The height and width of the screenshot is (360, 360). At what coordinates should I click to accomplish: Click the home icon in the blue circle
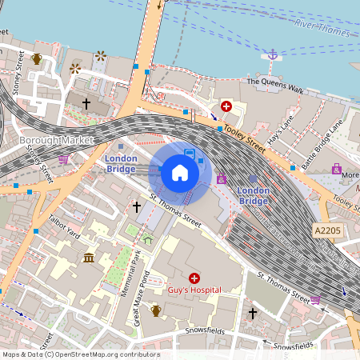(180, 172)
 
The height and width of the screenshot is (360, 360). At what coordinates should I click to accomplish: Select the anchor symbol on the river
(272, 54)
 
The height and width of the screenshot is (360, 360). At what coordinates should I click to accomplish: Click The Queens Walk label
(274, 82)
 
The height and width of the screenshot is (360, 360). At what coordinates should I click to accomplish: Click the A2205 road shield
(327, 230)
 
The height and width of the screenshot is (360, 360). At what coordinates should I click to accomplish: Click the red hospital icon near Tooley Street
(226, 106)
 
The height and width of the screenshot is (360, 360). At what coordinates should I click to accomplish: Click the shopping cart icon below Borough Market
(63, 158)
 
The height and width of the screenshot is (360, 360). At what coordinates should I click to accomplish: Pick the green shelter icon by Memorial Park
(147, 238)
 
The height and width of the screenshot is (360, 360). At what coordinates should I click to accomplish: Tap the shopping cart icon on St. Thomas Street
(316, 300)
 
